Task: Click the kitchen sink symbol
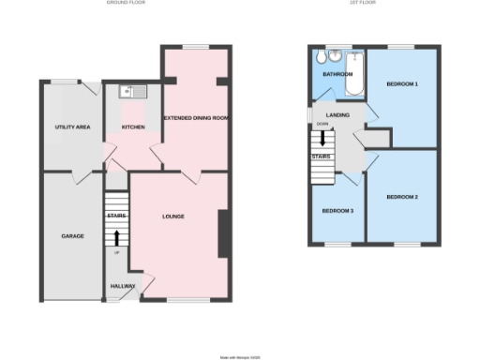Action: click(x=128, y=92)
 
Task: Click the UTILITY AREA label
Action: click(x=70, y=127)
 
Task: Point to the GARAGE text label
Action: click(x=72, y=235)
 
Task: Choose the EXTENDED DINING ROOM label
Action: click(x=197, y=118)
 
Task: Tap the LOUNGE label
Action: click(x=172, y=217)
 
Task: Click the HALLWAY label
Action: click(x=123, y=286)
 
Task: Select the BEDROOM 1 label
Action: click(x=402, y=84)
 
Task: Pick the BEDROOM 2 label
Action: click(x=402, y=197)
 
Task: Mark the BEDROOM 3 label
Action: click(x=338, y=211)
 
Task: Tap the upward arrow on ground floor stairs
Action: click(x=116, y=236)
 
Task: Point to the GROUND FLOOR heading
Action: click(x=130, y=4)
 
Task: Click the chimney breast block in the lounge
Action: click(x=223, y=234)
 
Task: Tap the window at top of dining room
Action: click(x=196, y=47)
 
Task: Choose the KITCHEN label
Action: click(x=133, y=127)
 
